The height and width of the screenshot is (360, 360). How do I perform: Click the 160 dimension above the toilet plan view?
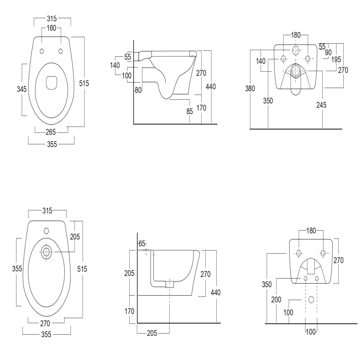pos(51,28)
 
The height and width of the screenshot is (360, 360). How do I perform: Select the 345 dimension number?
pos(22,89)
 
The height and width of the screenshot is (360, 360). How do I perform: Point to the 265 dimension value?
pos(50,132)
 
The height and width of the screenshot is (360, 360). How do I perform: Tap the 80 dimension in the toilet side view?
pos(138,90)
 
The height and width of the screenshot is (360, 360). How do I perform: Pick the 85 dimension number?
pos(189,112)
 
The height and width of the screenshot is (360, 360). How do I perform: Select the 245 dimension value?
pos(321,105)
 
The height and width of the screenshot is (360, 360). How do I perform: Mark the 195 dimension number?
pos(336,60)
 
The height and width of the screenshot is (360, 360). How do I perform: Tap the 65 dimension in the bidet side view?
pos(141,243)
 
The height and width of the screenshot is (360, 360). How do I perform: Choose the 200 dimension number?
pos(276,300)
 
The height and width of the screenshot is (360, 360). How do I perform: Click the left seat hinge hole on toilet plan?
pos(42,51)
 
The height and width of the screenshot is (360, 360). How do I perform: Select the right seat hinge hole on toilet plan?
pos(60,51)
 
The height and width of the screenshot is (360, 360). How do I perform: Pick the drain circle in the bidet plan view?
pos(46,252)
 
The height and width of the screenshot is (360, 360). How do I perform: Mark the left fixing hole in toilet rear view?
pos(283,59)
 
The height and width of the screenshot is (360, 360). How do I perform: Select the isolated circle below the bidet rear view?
pos(312,300)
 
